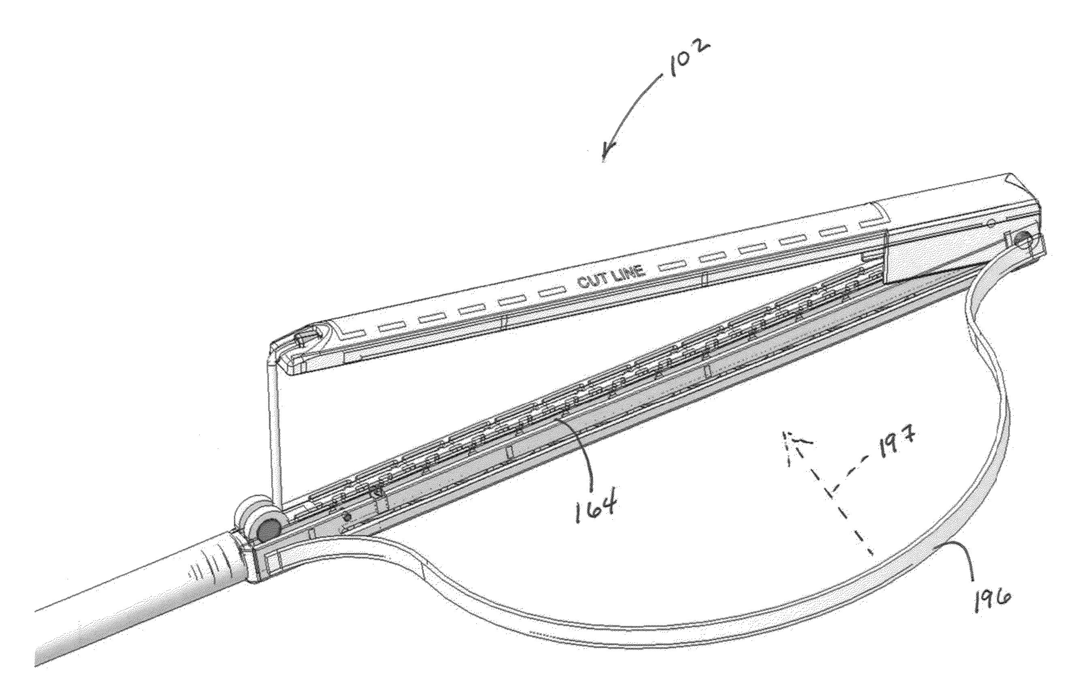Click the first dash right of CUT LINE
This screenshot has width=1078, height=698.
tap(670, 266)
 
